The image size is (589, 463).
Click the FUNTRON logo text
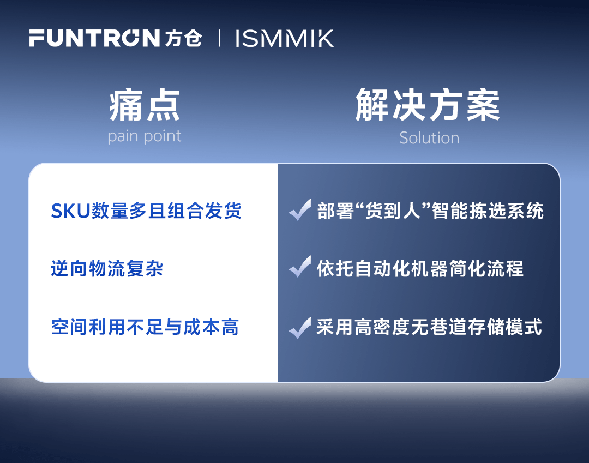95,38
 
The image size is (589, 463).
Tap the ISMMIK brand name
284,38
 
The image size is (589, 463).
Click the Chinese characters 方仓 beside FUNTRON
183,38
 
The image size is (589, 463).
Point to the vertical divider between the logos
219,38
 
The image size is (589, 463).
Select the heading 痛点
145,105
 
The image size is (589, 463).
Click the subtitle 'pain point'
145,136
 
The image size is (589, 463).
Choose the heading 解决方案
428,105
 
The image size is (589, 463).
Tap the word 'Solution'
429,138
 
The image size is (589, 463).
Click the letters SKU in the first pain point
71,211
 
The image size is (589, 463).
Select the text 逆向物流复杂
107,268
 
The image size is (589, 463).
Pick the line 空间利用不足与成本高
145,327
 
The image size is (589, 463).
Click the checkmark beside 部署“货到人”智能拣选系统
300,209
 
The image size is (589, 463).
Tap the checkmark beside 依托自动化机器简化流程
300,267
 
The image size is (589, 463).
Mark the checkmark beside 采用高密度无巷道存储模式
300,328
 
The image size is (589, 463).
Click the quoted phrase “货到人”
393,211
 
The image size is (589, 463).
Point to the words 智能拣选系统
488,211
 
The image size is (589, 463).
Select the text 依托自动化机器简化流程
420,268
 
